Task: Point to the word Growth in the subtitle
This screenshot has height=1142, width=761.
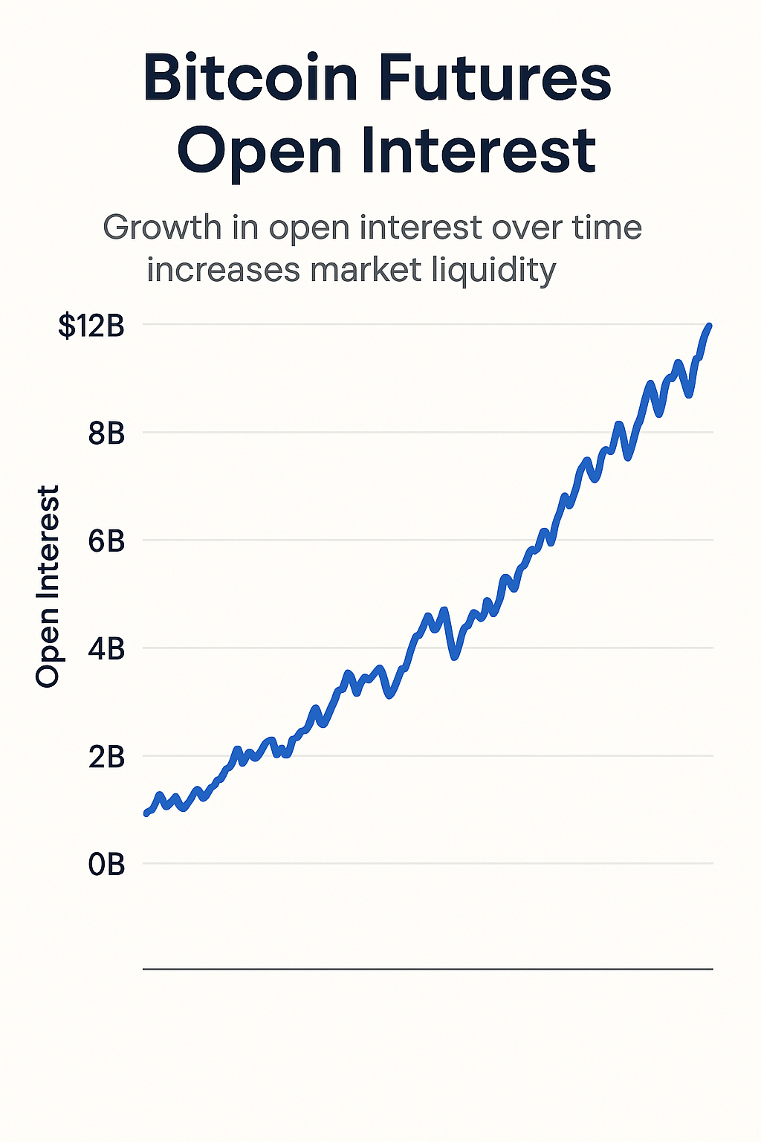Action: (x=162, y=228)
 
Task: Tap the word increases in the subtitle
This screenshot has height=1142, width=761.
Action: (x=223, y=269)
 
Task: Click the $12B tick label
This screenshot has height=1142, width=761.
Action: (x=91, y=326)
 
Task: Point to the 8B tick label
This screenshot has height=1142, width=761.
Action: (x=106, y=433)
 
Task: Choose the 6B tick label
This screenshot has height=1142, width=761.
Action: (x=106, y=541)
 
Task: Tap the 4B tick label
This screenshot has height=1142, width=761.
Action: (x=106, y=649)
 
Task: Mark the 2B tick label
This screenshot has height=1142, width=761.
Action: (x=106, y=757)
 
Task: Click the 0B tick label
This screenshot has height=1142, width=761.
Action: (x=106, y=865)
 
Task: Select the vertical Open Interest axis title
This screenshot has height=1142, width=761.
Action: (x=48, y=586)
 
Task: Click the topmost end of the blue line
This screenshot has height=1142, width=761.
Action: (x=710, y=326)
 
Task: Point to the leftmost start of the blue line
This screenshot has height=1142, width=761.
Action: (x=146, y=813)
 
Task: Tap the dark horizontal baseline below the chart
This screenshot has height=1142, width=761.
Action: (x=427, y=970)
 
